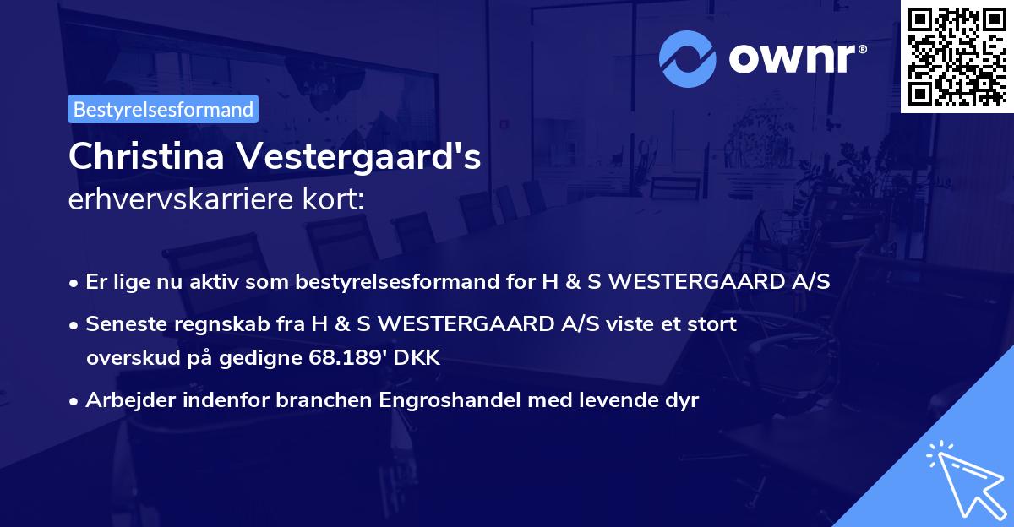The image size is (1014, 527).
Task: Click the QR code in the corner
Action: pyautogui.click(x=957, y=56)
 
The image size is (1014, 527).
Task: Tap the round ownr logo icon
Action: pyautogui.click(x=688, y=58)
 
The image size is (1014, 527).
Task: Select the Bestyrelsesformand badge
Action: pyautogui.click(x=163, y=109)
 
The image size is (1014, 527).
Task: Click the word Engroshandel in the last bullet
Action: pyautogui.click(x=457, y=400)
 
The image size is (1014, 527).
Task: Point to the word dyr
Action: pyautogui.click(x=681, y=400)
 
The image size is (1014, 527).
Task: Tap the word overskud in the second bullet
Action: pyautogui.click(x=127, y=358)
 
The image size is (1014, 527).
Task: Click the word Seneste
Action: pyautogui.click(x=122, y=323)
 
